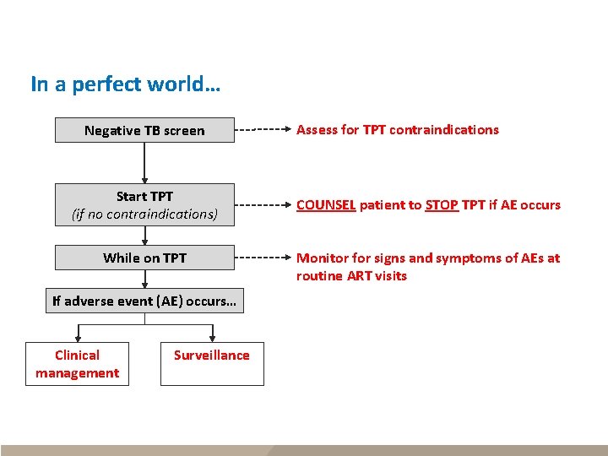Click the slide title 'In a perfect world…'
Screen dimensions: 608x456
click(x=126, y=84)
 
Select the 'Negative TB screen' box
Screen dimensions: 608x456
click(x=144, y=130)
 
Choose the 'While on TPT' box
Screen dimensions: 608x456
click(x=144, y=258)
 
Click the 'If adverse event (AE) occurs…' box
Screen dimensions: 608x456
click(x=144, y=301)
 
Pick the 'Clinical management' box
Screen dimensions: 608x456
click(x=77, y=364)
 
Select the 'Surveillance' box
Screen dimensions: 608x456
click(x=212, y=364)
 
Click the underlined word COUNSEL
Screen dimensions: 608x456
click(x=326, y=204)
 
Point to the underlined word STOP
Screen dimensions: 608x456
click(x=442, y=204)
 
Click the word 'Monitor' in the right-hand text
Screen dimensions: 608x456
click(x=322, y=258)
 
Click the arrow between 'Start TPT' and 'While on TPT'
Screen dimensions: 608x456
click(x=144, y=236)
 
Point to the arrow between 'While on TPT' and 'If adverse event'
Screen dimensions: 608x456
click(x=144, y=280)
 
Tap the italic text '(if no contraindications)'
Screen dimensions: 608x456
click(x=144, y=214)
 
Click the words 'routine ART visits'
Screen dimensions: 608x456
click(x=351, y=276)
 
